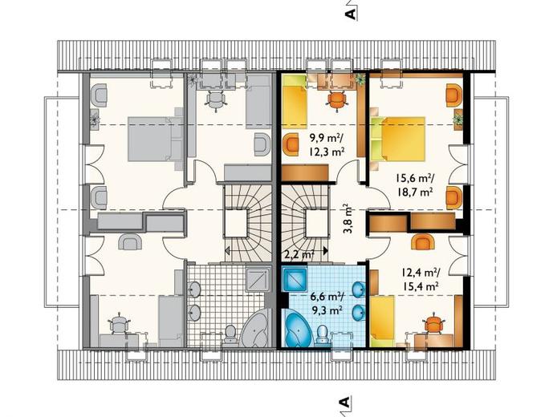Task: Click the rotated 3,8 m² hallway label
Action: (349, 219)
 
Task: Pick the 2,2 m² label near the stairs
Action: (299, 254)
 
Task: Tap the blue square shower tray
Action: (294, 279)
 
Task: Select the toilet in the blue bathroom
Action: (322, 334)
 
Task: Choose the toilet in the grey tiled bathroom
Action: (230, 334)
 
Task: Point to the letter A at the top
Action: (350, 14)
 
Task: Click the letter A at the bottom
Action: (344, 402)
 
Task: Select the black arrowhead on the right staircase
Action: (325, 251)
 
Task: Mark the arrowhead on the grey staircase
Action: (228, 251)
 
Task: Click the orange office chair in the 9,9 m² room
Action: (337, 99)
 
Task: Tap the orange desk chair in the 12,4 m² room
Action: (432, 324)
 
